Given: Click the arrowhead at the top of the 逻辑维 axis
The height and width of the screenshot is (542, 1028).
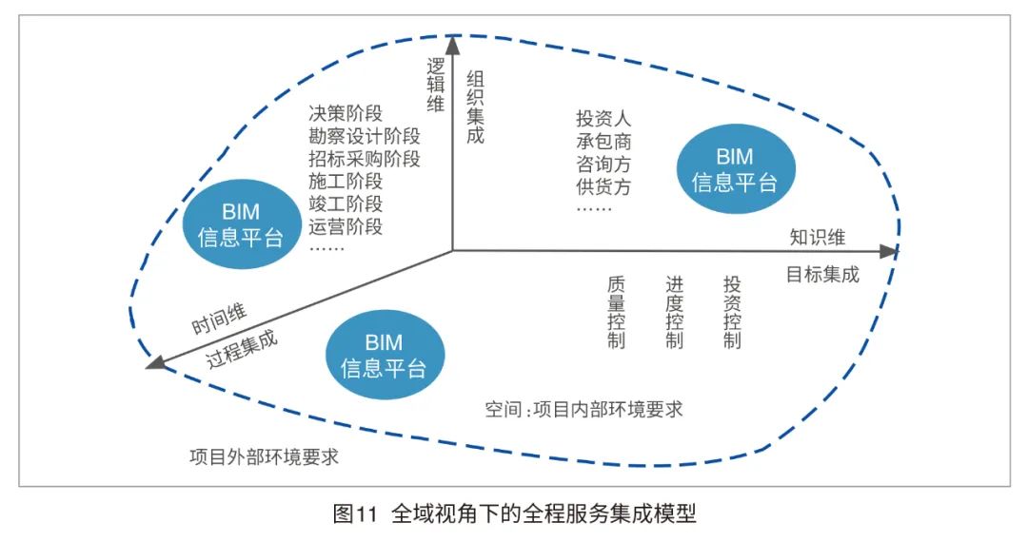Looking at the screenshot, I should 452,43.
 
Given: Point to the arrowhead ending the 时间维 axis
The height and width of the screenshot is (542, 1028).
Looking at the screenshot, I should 153,362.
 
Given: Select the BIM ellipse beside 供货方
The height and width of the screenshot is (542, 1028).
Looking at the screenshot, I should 734,170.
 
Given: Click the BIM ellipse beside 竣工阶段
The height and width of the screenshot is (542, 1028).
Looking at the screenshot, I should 241,224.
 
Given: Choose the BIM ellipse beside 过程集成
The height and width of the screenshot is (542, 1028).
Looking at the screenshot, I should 384,355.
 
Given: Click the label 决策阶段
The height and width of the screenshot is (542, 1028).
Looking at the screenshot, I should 346,111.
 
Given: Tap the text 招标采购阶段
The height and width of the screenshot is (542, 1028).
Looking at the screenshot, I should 365,158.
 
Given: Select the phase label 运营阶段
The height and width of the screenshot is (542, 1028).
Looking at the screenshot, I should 346,227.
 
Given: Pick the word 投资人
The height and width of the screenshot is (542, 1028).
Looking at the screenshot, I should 603,119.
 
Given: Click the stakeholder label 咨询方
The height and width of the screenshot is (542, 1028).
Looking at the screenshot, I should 603,165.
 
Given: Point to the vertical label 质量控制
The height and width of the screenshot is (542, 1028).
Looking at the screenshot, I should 616,313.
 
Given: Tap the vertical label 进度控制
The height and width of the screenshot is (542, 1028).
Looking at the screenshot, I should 674,313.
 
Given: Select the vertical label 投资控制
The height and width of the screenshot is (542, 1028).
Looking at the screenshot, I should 731,313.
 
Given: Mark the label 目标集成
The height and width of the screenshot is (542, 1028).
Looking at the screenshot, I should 822,275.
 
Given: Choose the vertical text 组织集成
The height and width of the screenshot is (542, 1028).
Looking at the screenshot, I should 475,106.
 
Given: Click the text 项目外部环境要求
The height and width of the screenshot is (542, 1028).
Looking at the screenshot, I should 264,455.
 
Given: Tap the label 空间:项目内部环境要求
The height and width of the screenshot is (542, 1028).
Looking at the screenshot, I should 583,410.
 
